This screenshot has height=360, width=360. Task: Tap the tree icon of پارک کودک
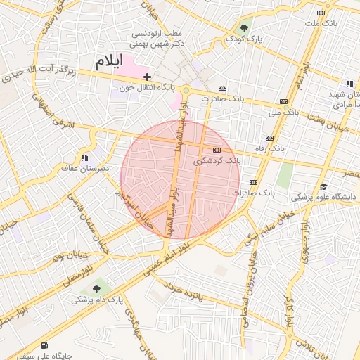(244, 28)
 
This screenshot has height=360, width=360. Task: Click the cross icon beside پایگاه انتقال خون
(147, 76)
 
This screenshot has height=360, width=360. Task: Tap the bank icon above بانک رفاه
(269, 138)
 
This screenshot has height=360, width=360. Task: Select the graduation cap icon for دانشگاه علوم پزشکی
(323, 186)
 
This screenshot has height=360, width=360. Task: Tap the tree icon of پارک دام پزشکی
(96, 288)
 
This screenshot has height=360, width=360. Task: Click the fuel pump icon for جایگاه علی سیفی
(45, 345)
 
